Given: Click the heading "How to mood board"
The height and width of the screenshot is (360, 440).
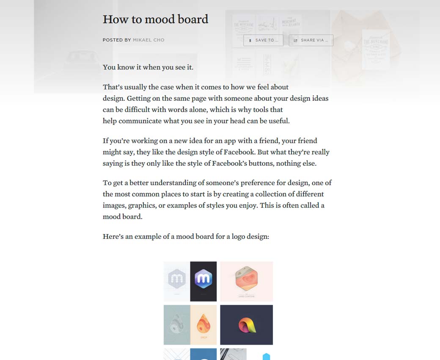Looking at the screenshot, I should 155,19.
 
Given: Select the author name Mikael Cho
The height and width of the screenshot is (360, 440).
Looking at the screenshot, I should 148,40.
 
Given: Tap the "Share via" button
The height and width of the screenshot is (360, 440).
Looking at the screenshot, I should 311,40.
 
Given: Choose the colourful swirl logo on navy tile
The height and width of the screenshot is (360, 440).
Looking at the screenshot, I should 246,325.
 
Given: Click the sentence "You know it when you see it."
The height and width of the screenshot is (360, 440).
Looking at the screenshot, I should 148,67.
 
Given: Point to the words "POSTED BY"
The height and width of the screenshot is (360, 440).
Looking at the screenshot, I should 116,40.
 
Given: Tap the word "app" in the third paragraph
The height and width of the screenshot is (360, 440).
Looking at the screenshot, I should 222,141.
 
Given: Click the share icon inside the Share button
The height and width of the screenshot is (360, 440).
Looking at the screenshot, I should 296,40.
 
